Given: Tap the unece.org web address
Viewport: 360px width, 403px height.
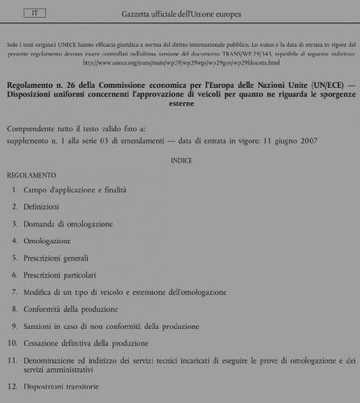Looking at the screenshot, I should pos(180,62).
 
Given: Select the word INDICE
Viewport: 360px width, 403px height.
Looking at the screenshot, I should pos(181,161).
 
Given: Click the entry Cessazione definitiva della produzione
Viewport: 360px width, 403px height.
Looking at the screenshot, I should pos(86,343).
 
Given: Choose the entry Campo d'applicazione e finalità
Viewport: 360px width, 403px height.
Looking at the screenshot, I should pos(75,190).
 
